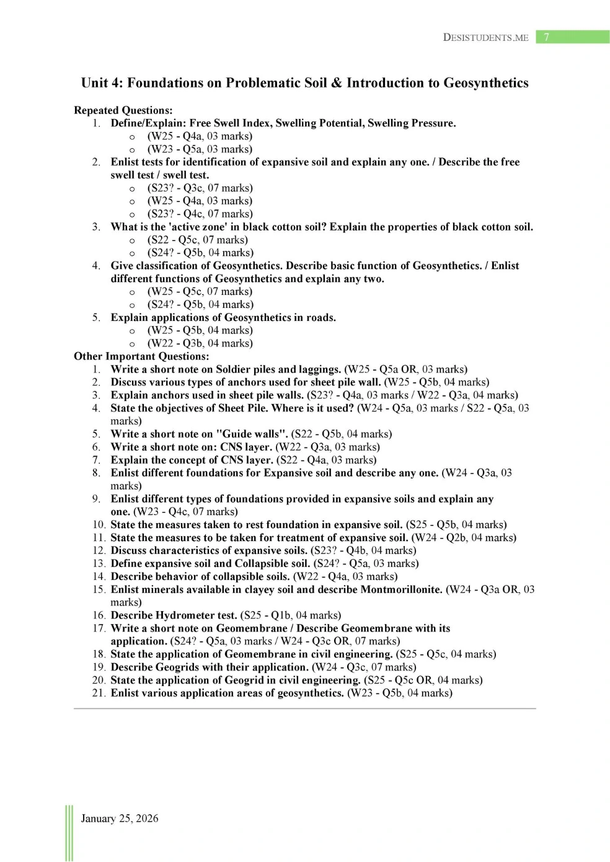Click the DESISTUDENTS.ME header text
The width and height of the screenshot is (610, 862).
click(485, 37)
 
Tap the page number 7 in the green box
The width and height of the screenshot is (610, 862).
click(546, 37)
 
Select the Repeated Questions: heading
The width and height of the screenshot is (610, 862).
click(123, 110)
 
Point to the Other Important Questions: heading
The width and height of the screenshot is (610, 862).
click(141, 356)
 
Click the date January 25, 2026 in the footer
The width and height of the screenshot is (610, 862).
click(120, 819)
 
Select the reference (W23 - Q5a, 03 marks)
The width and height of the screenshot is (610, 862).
click(200, 149)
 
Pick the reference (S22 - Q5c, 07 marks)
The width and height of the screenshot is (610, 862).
click(197, 240)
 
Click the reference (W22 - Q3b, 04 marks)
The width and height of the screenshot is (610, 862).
click(200, 343)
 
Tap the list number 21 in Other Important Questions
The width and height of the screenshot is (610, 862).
click(99, 693)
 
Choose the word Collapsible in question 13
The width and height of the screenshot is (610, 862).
click(262, 564)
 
